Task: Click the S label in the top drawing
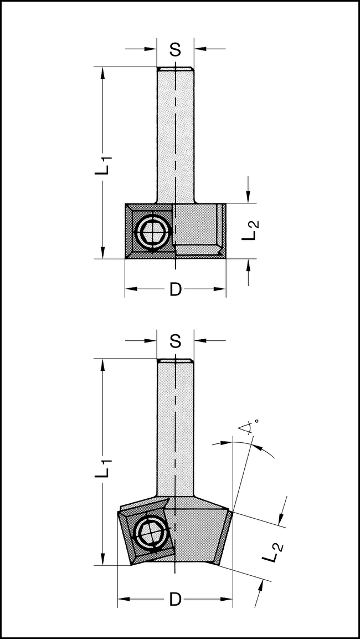click(175, 50)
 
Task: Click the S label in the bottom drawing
click(175, 341)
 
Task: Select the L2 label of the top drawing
click(250, 229)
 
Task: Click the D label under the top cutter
click(175, 289)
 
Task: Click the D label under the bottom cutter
click(175, 599)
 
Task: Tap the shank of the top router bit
click(175, 133)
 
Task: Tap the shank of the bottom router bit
click(175, 427)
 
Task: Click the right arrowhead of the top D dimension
click(221, 289)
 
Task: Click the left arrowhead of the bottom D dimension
click(123, 599)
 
